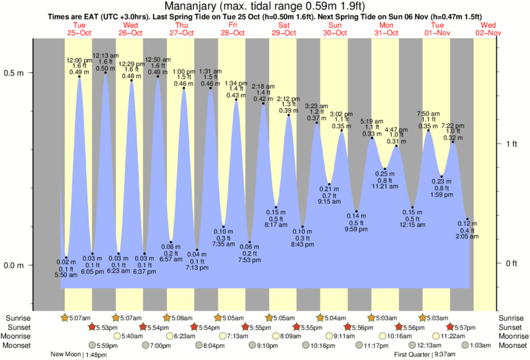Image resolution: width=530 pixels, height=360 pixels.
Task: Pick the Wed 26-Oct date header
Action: tap(130, 29)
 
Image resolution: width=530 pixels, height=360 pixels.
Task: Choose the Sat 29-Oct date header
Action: tap(283, 29)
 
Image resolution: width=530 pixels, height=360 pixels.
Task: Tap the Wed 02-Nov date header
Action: tap(487, 29)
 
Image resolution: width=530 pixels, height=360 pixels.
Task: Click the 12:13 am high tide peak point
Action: tap(106, 72)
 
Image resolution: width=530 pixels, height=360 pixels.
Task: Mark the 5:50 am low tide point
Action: tap(66, 258)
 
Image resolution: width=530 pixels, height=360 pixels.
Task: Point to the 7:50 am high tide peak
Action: tap(428, 130)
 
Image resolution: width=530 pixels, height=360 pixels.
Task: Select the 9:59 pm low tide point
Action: tap(357, 211)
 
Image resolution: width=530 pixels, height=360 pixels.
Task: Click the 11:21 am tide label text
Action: tap(385, 186)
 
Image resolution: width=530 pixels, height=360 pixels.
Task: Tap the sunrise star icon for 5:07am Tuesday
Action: tap(65, 317)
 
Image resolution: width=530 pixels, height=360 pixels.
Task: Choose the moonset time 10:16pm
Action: tap(322, 345)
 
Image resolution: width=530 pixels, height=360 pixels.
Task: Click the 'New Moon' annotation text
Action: tap(66, 355)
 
